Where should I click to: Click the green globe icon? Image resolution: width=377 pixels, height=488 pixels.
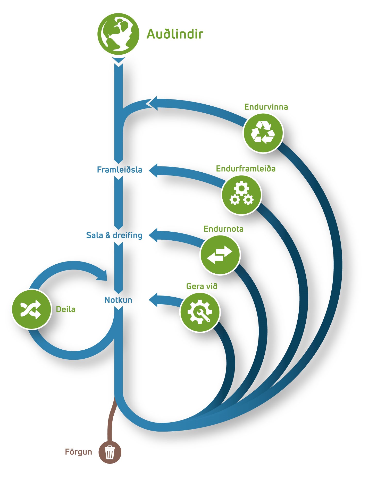(x=118, y=34)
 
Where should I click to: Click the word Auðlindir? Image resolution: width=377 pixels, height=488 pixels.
(x=175, y=34)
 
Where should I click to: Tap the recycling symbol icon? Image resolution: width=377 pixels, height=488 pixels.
(x=263, y=133)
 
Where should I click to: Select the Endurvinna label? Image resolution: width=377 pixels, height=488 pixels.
(x=266, y=107)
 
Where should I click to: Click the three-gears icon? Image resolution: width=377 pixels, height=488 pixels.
(x=241, y=195)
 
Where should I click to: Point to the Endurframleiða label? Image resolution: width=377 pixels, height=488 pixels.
(x=246, y=169)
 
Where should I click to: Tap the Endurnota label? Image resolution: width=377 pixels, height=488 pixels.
(x=223, y=229)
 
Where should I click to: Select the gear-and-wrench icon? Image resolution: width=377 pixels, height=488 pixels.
(x=200, y=312)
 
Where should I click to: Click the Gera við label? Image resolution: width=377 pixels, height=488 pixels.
(x=202, y=286)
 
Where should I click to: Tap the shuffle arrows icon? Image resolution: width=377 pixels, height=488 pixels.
(x=32, y=309)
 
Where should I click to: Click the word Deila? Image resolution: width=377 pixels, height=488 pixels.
(x=66, y=309)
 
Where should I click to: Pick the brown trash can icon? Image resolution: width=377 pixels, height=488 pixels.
(x=110, y=452)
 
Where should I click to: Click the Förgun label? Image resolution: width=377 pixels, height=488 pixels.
(x=78, y=452)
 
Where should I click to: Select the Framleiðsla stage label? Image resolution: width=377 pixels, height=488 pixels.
(x=120, y=170)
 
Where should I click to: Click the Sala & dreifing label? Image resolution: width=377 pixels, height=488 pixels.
(x=114, y=235)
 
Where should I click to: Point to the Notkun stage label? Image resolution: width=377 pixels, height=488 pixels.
(x=118, y=300)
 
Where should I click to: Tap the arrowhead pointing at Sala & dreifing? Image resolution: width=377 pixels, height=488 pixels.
(x=153, y=235)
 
